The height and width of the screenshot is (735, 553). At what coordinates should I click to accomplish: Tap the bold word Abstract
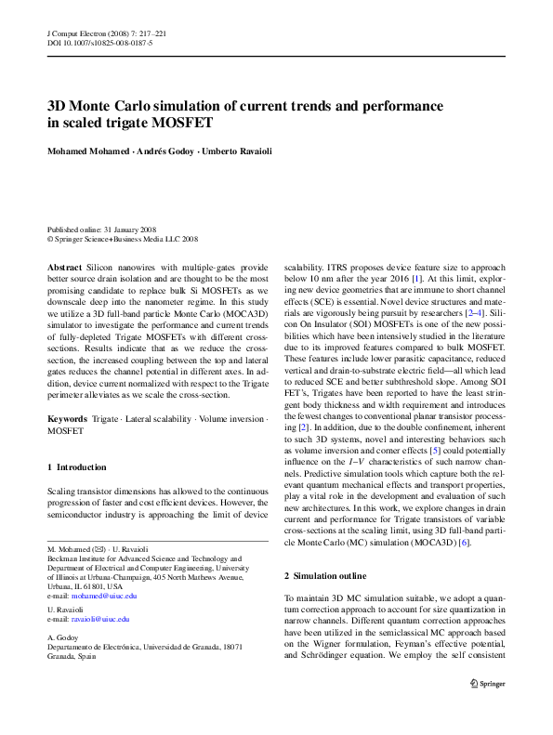coord(64,267)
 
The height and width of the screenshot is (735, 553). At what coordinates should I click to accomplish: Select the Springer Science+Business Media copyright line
coord(123,238)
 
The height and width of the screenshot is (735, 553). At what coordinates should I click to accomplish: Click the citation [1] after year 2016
coord(417,278)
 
